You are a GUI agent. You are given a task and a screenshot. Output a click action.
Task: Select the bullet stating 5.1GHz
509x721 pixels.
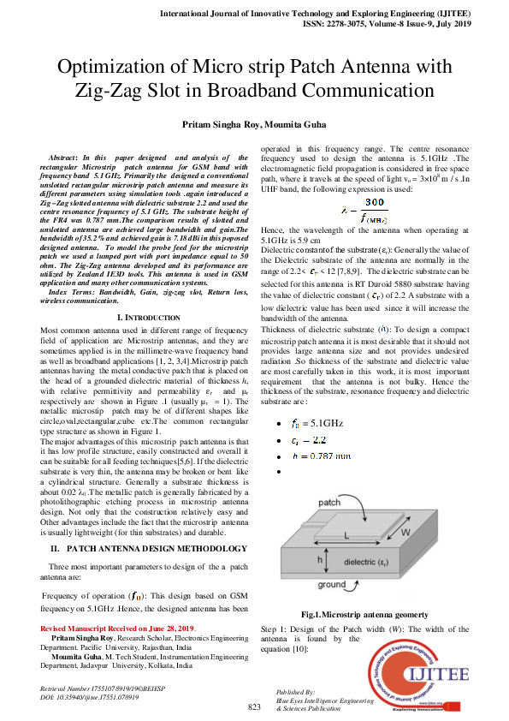(x=317, y=422)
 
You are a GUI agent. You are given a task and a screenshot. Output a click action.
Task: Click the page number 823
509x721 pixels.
(x=254, y=706)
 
